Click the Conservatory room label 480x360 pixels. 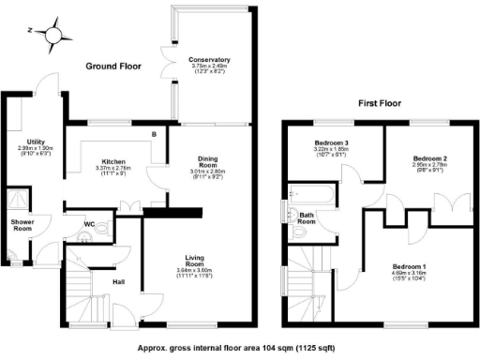210,60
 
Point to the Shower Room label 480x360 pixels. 22,223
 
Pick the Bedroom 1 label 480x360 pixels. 411,266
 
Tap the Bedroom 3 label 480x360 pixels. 329,142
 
